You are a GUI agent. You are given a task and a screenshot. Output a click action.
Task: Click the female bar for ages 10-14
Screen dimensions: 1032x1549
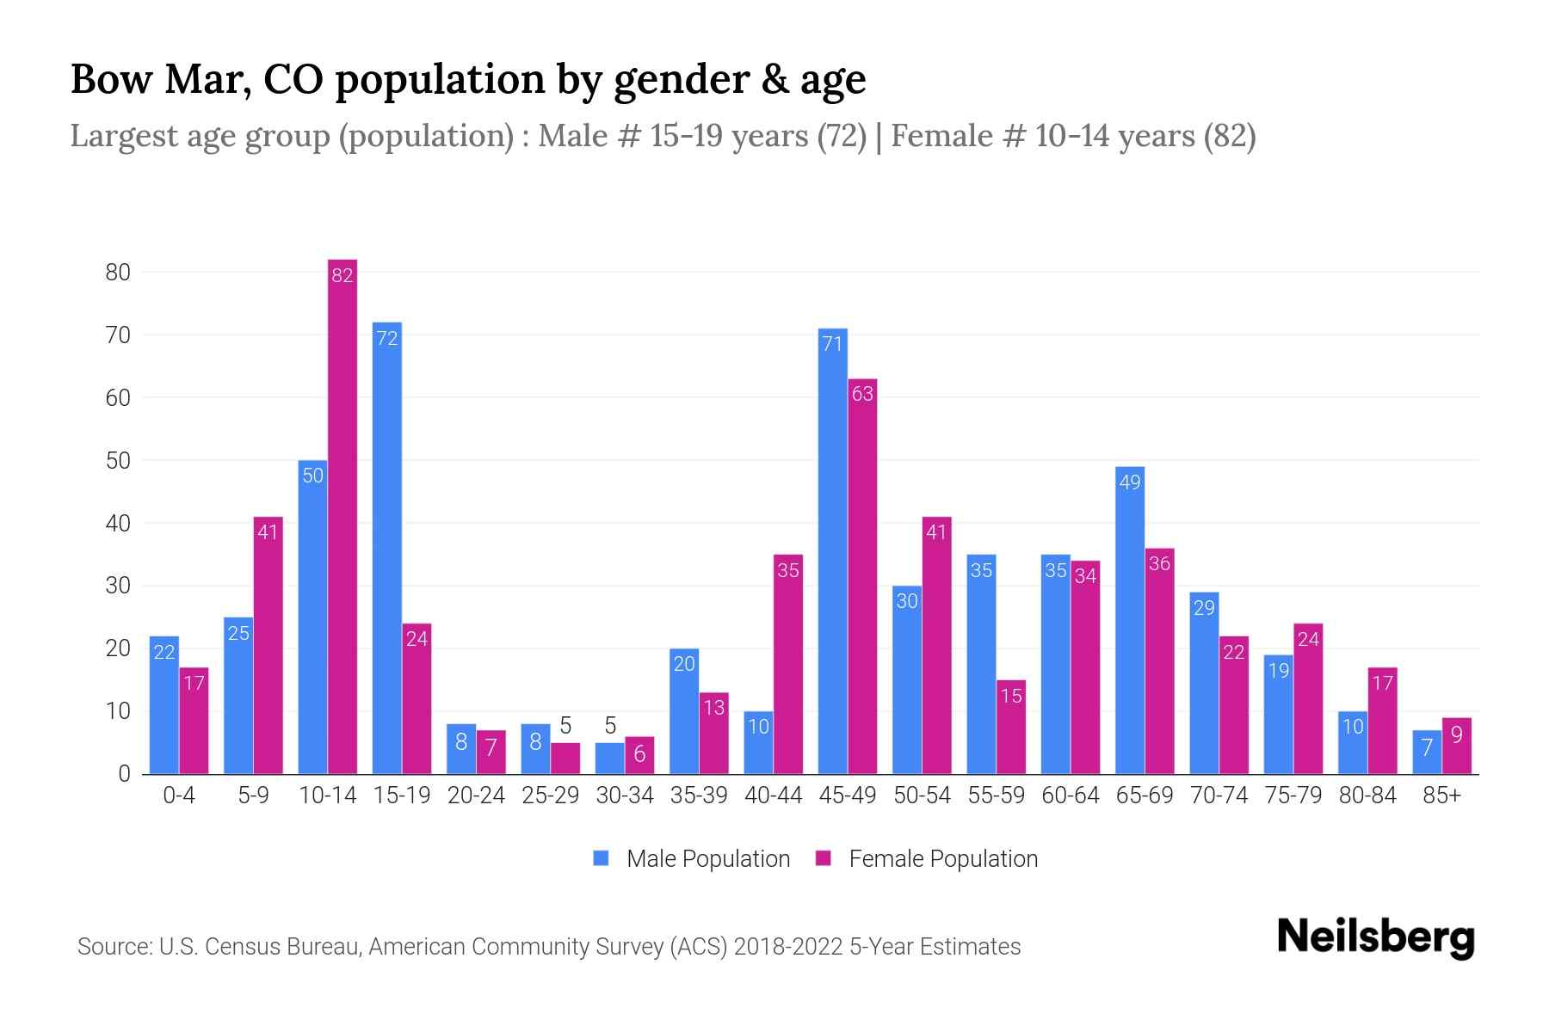point(343,516)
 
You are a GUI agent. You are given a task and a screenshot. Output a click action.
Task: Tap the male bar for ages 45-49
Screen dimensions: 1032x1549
point(832,550)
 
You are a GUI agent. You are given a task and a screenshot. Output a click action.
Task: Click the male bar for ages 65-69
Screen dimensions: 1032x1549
point(1130,620)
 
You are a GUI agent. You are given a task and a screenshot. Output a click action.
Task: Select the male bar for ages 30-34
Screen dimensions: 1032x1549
point(610,758)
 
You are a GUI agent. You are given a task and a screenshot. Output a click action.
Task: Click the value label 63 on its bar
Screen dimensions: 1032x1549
point(862,394)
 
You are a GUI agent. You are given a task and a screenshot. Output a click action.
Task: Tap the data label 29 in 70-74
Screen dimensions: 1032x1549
point(1204,608)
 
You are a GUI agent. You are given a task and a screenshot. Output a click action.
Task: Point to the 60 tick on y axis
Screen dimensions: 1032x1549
point(118,397)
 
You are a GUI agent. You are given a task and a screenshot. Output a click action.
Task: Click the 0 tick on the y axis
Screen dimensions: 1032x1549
point(125,774)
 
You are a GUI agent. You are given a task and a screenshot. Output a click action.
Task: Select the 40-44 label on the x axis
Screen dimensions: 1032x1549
point(773,795)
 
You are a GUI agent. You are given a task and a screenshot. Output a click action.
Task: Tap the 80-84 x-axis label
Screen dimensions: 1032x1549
point(1367,795)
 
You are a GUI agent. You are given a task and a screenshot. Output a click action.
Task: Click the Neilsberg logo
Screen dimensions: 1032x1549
point(1375,937)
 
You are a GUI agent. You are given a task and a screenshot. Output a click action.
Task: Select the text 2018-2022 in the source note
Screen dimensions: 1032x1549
point(788,947)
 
